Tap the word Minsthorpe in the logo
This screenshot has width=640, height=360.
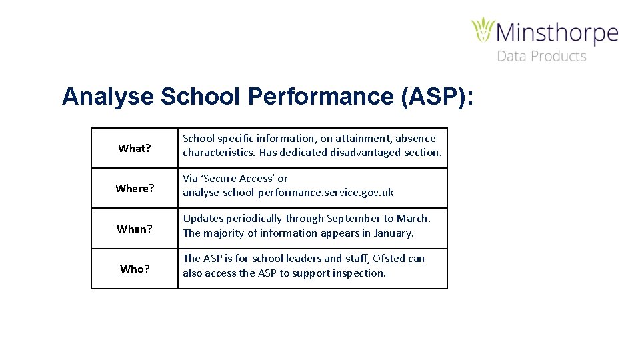pyautogui.click(x=557, y=33)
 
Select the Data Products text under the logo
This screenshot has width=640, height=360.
pyautogui.click(x=541, y=57)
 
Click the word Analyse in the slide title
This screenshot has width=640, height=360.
pyautogui.click(x=107, y=97)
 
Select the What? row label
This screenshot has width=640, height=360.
pyautogui.click(x=135, y=148)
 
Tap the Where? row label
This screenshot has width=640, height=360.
pyautogui.click(x=135, y=188)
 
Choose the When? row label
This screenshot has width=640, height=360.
pyautogui.click(x=135, y=229)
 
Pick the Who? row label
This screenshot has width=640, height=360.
pyautogui.click(x=135, y=269)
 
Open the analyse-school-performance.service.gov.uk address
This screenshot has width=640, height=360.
pyautogui.click(x=288, y=193)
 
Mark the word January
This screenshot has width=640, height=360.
pyautogui.click(x=393, y=233)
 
